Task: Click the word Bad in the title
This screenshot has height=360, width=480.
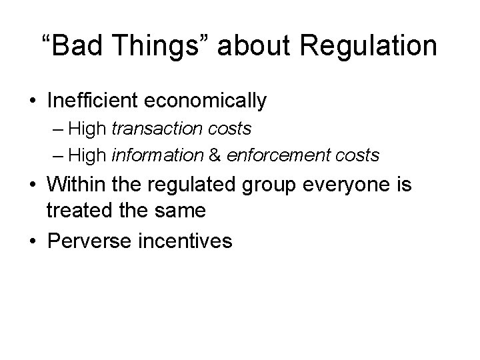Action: pyautogui.click(x=75, y=47)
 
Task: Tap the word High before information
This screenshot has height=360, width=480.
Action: pyautogui.click(x=88, y=155)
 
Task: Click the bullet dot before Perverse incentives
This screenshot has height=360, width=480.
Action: pyautogui.click(x=32, y=239)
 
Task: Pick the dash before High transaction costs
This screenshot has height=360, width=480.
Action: pyautogui.click(x=57, y=128)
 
